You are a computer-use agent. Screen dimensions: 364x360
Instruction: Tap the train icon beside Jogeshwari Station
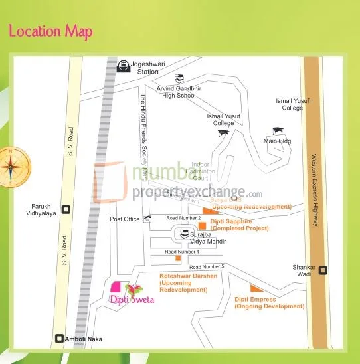[123, 65]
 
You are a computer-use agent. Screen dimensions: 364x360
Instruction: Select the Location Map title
[50, 31]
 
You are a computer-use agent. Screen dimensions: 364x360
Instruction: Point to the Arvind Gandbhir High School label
[177, 92]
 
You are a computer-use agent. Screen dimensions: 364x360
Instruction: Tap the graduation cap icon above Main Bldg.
[277, 131]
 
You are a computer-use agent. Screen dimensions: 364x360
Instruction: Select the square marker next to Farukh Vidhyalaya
[65, 210]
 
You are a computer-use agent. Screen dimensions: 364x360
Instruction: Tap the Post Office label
[125, 219]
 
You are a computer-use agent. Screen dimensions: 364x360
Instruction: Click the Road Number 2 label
[183, 218]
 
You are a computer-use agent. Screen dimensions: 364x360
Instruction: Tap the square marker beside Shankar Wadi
[323, 270]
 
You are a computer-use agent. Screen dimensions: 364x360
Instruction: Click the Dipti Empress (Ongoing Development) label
[268, 303]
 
